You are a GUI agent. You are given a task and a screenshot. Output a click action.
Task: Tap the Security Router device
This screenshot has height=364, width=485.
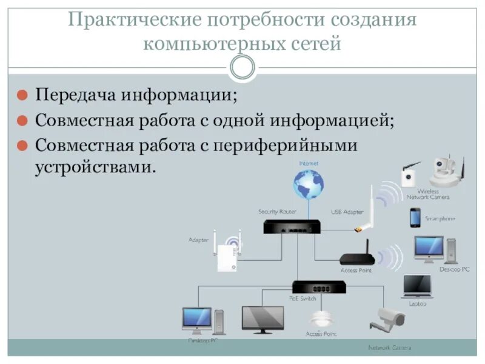pos(292,227)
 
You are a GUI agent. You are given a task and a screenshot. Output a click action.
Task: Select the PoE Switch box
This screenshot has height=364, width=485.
pos(318,286)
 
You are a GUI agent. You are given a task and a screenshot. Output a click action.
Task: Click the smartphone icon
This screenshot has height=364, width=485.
pos(415,217)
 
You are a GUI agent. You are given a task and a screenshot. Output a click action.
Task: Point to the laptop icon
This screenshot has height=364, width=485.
pos(417,286)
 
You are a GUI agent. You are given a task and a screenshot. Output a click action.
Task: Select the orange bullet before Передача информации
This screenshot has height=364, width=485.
pos(21,95)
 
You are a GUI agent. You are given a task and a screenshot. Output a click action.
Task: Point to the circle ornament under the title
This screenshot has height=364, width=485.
pos(242,67)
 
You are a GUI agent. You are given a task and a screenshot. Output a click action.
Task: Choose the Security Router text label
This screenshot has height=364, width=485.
pos(277,212)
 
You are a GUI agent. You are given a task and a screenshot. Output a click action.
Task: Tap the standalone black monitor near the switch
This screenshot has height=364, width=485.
pos(263,318)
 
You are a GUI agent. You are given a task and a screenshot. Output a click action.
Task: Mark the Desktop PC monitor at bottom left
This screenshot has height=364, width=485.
pos(197,319)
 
